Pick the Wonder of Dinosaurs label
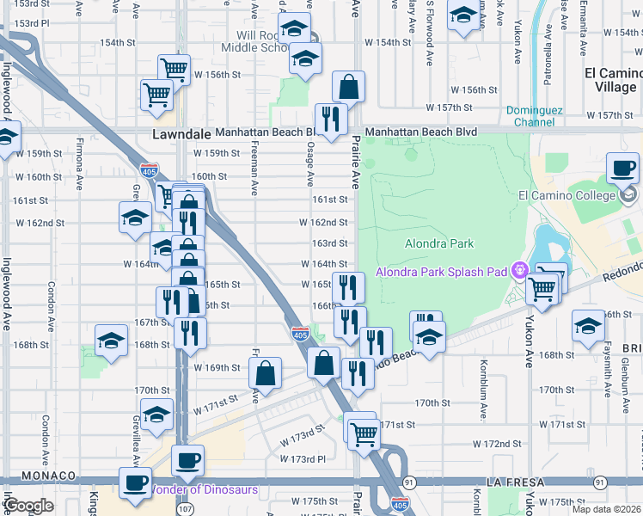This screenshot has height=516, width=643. pos(204,490)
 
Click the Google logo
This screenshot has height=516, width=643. pos(28,506)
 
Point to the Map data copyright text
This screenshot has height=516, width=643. pos(606,509)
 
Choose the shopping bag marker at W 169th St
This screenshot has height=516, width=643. pos(266,374)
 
